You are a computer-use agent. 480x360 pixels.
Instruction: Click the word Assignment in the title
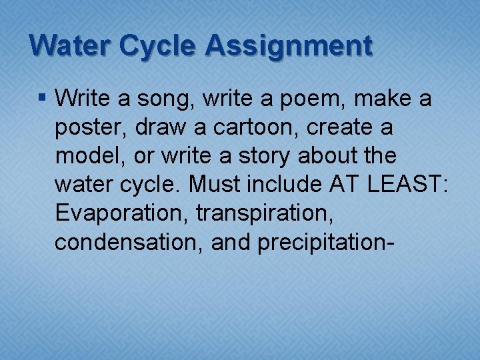pos(289,46)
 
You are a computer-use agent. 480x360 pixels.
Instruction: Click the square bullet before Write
pos(43,99)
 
